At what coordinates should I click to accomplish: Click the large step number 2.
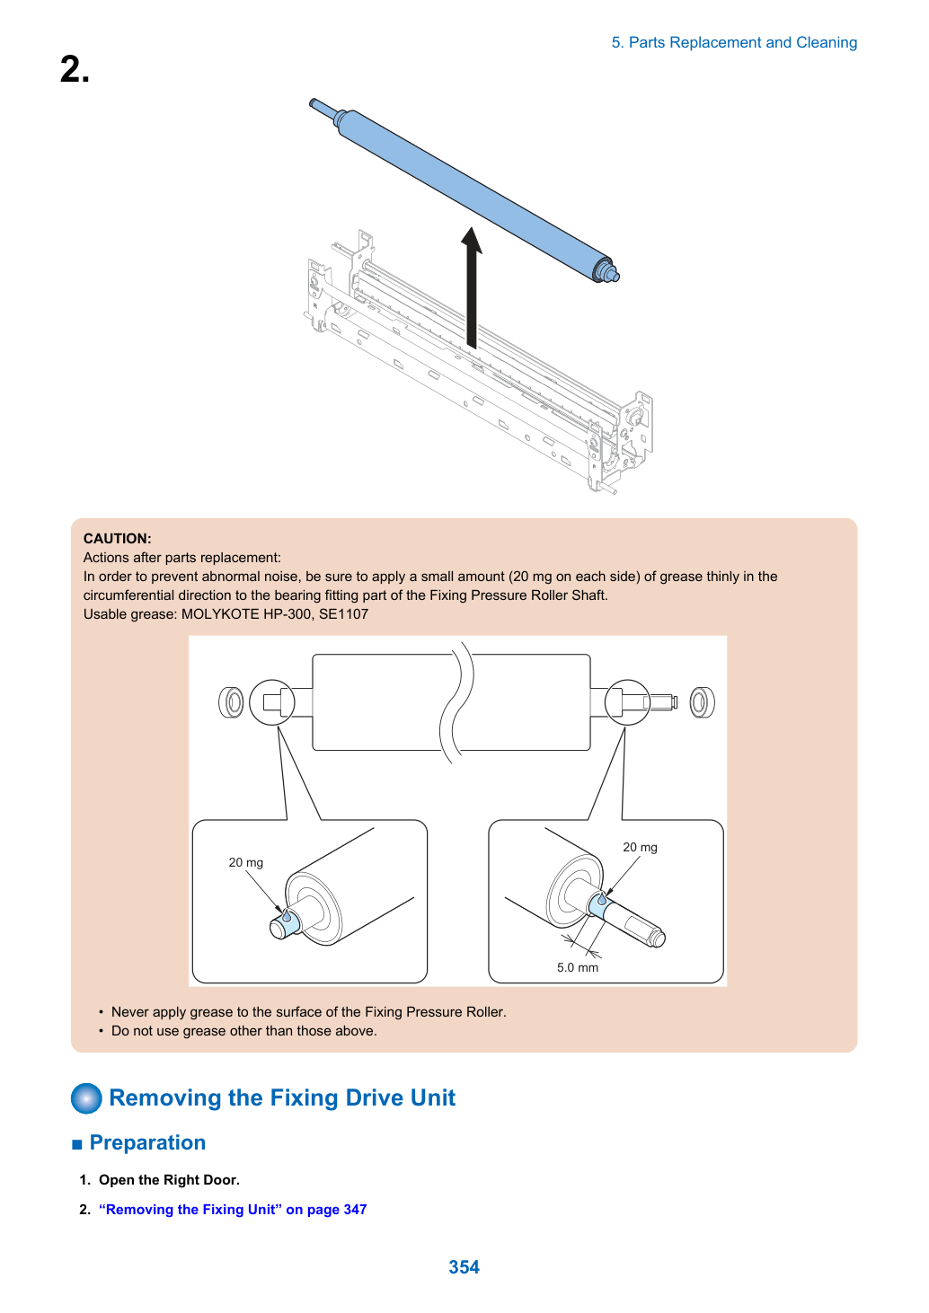75,69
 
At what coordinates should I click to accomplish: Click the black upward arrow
471,287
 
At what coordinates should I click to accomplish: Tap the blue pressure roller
464,189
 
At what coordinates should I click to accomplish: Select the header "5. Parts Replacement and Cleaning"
734,42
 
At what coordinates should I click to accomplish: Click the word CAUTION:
118,538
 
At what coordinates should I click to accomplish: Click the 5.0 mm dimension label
578,967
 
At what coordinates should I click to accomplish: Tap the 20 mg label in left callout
246,862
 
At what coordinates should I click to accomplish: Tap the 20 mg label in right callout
640,847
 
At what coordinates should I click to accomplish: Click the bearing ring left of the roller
231,702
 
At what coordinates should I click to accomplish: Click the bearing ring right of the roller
702,702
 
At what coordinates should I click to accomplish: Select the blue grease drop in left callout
287,915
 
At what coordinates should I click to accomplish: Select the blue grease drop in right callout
602,900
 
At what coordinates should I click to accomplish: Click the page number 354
464,1266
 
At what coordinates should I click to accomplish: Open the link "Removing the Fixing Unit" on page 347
233,1209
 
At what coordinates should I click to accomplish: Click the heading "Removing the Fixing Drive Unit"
282,1097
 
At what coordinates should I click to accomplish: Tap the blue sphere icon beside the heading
86,1097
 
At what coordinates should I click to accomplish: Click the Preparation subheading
147,1142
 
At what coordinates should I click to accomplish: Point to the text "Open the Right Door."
169,1179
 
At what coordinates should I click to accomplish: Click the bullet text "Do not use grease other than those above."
244,1030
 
